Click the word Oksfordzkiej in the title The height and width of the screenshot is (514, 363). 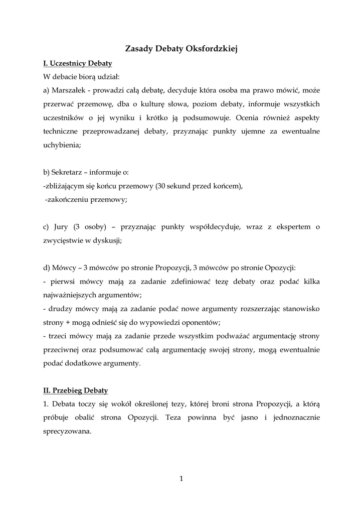point(211,49)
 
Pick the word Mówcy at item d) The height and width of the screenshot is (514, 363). point(65,268)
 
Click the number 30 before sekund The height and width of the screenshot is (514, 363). point(161,186)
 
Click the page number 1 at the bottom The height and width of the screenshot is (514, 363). point(181,478)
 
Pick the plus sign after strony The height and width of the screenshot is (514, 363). point(67,322)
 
